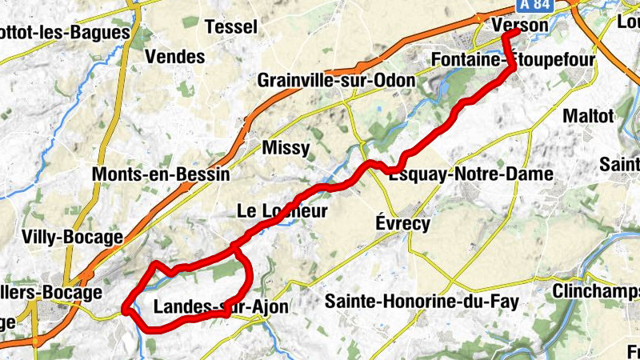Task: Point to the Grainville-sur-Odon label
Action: (x=336, y=81)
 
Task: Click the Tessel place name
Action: (x=231, y=26)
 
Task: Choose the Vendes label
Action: (x=174, y=58)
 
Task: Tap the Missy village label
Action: (x=286, y=149)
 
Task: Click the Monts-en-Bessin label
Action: (x=161, y=174)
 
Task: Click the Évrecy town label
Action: (x=403, y=223)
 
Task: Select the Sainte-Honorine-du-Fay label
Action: (x=422, y=302)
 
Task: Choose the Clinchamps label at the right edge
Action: (x=596, y=291)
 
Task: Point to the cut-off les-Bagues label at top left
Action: (x=64, y=33)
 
